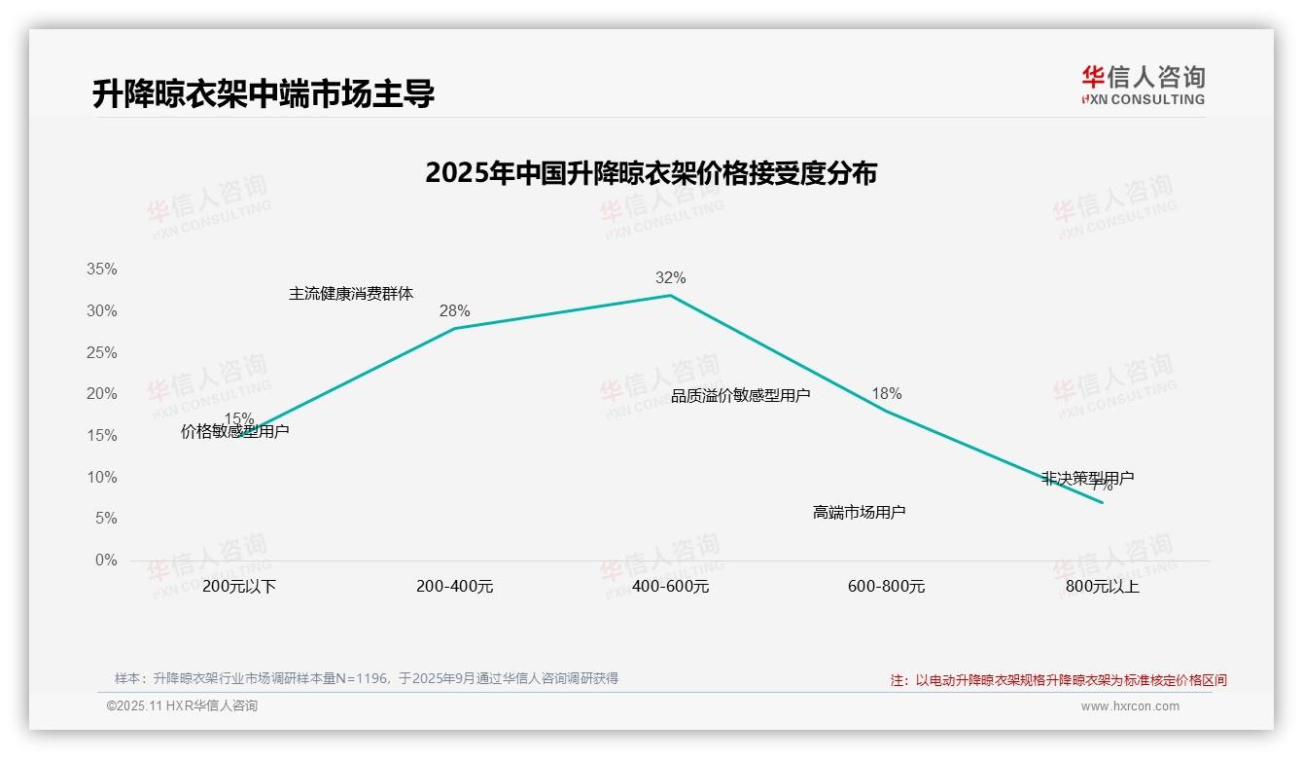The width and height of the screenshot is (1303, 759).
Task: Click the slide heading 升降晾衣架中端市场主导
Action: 263,94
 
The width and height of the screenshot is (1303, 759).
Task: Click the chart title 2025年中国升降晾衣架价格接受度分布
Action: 651,173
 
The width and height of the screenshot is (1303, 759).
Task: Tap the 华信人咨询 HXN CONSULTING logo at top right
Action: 1143,86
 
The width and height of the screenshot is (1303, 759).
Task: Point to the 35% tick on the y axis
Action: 103,270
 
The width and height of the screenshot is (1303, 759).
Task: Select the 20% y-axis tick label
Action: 103,394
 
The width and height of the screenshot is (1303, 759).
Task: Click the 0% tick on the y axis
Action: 106,560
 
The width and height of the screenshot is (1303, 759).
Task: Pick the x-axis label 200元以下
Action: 239,587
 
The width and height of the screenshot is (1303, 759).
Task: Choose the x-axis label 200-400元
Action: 454,587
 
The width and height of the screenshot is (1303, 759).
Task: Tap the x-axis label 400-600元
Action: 670,587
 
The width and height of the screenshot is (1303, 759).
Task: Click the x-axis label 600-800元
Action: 886,587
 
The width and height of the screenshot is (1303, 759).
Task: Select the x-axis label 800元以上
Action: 1102,587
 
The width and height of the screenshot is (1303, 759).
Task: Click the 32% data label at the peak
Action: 670,278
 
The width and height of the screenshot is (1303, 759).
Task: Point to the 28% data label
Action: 454,311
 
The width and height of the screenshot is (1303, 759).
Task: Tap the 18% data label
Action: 886,394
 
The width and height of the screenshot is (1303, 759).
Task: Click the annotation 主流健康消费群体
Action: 351,294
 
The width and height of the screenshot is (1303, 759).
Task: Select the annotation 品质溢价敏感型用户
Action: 740,395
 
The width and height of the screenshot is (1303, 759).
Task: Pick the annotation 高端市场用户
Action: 859,512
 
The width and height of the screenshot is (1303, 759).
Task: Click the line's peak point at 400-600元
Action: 670,295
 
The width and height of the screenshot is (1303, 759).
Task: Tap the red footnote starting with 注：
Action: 1058,680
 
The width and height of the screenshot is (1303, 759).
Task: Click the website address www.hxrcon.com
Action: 1130,706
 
